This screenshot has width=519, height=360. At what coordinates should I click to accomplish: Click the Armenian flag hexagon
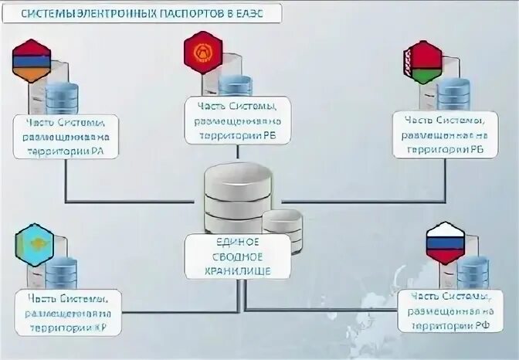click(x=31, y=62)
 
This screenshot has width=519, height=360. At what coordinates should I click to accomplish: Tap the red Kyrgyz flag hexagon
click(x=203, y=53)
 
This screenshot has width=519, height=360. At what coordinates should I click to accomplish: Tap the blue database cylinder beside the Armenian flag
click(x=63, y=99)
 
